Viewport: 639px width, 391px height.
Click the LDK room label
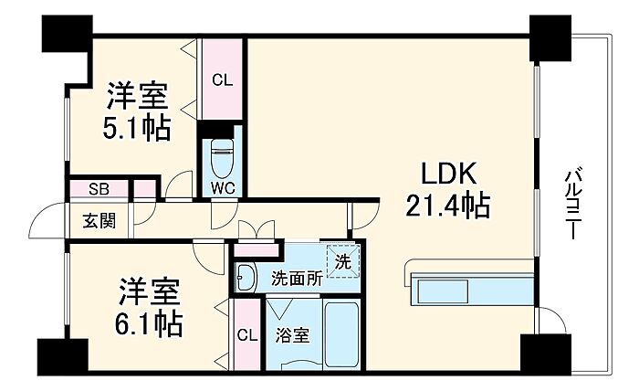pos(448,174)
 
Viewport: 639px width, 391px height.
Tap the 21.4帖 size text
pos(447,205)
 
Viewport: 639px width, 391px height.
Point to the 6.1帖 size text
pos(148,323)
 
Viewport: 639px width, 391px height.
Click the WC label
pos(223,188)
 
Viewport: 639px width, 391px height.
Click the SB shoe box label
pos(99,189)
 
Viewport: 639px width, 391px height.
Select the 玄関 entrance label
pos(100,220)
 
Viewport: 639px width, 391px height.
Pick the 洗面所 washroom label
pos(298,279)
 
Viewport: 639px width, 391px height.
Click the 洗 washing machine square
pos(342,261)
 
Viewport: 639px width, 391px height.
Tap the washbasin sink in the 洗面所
pos(246,278)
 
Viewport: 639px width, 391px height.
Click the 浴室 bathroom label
pos(292,335)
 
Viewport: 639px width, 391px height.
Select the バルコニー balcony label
pos(574,203)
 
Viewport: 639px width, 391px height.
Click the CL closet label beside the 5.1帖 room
pos(222,79)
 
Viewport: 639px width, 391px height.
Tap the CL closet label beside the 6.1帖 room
pos(247,335)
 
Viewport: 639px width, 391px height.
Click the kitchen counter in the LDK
pos(468,284)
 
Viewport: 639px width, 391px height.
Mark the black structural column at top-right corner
pos(550,38)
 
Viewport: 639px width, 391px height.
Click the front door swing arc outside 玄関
pos(45,215)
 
